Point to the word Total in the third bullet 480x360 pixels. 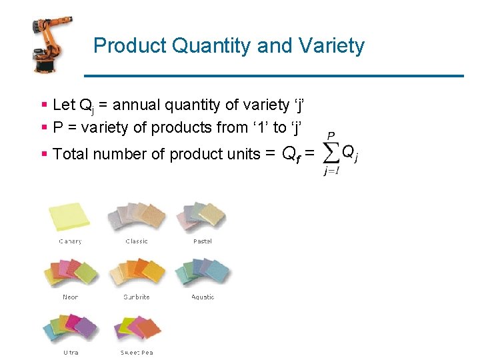pos(71,154)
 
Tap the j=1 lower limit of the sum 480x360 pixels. pos(331,171)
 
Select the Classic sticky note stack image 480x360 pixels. pos(137,216)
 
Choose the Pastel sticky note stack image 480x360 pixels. pos(202,216)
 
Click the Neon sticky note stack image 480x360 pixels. pos(70,272)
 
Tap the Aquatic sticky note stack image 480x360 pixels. pos(202,272)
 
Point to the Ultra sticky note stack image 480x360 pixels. pos(70,328)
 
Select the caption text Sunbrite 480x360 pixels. pos(137,297)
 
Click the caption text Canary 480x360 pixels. pos(70,241)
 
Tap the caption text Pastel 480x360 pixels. pos(203,241)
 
